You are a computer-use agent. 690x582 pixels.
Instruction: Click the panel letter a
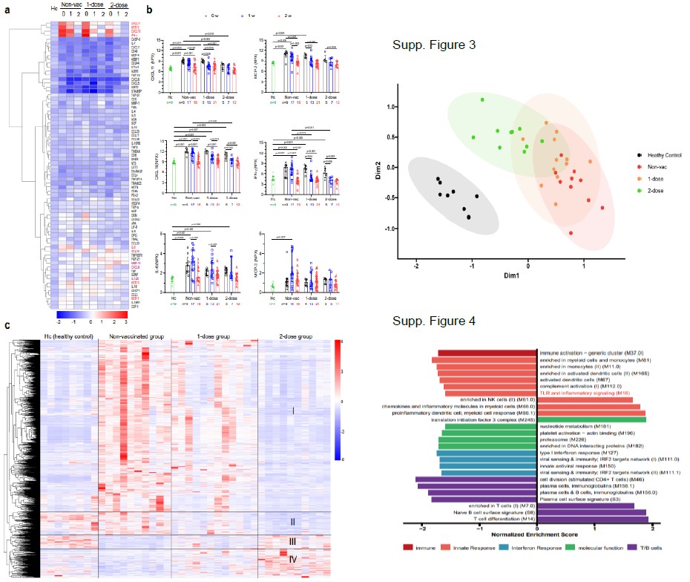click(x=7, y=10)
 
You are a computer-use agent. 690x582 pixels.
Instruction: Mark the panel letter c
click(x=7, y=326)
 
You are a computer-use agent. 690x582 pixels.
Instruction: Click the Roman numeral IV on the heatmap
click(x=293, y=558)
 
